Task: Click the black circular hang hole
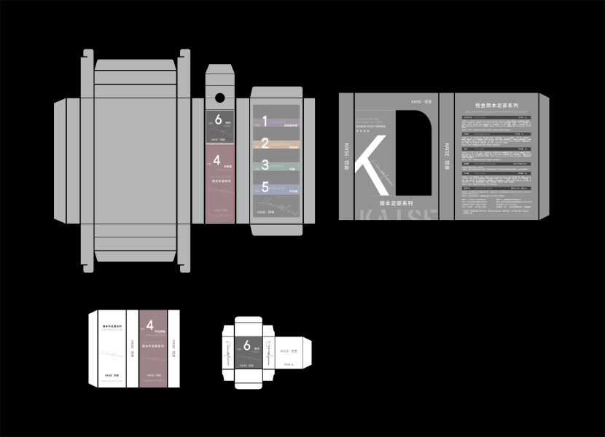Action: pyautogui.click(x=219, y=96)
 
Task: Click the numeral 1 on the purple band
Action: pyautogui.click(x=265, y=121)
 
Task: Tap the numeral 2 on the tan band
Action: pyautogui.click(x=265, y=143)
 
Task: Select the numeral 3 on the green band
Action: pyautogui.click(x=265, y=165)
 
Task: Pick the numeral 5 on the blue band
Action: pyautogui.click(x=265, y=187)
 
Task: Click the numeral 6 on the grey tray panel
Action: pyautogui.click(x=217, y=120)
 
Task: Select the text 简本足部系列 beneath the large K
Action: pyautogui.click(x=397, y=202)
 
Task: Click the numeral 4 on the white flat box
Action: pyautogui.click(x=149, y=326)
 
